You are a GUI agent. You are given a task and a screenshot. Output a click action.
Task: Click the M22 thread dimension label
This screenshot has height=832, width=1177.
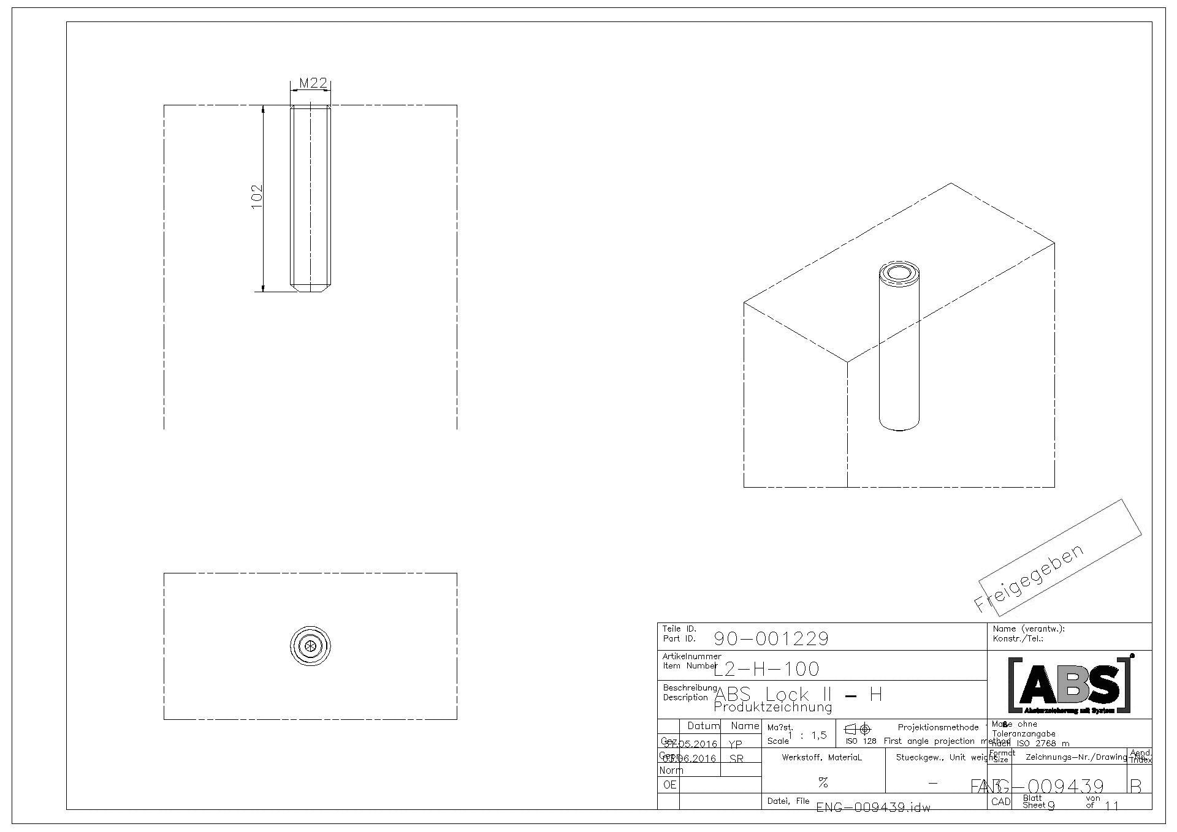coord(313,83)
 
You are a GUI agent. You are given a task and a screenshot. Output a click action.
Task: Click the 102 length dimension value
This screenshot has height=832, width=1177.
coord(257,197)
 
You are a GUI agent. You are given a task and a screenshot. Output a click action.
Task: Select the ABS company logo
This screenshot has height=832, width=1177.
coord(1069,684)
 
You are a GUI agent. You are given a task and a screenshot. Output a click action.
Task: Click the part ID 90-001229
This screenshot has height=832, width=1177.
coord(771,639)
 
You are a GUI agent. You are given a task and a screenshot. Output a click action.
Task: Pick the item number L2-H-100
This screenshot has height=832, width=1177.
coord(767,669)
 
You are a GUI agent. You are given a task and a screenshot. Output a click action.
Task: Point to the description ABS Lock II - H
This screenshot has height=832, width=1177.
coord(798,694)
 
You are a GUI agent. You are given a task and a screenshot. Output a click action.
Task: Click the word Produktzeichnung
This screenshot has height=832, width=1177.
coord(772,708)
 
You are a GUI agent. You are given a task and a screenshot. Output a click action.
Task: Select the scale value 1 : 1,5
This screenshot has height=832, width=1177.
coord(807,735)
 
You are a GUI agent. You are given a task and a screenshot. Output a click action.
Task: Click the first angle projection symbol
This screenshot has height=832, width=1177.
coord(858,729)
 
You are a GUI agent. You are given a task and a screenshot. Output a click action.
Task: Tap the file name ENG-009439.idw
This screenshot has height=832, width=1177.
coord(873,807)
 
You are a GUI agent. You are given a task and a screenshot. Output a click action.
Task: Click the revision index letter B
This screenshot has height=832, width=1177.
coord(1135,786)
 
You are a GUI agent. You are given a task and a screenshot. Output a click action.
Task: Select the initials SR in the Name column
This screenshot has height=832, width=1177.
coord(736,758)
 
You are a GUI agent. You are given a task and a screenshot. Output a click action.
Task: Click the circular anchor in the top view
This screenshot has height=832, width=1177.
coord(310,645)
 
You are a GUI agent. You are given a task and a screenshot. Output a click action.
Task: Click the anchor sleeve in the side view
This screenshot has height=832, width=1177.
coord(310,197)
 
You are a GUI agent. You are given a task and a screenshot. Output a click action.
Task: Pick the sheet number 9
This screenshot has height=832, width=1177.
coord(1051,806)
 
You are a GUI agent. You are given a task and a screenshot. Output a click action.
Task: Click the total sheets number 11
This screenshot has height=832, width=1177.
coord(1111,806)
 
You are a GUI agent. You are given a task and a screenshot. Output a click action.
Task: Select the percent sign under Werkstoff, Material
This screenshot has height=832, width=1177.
coord(823,782)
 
